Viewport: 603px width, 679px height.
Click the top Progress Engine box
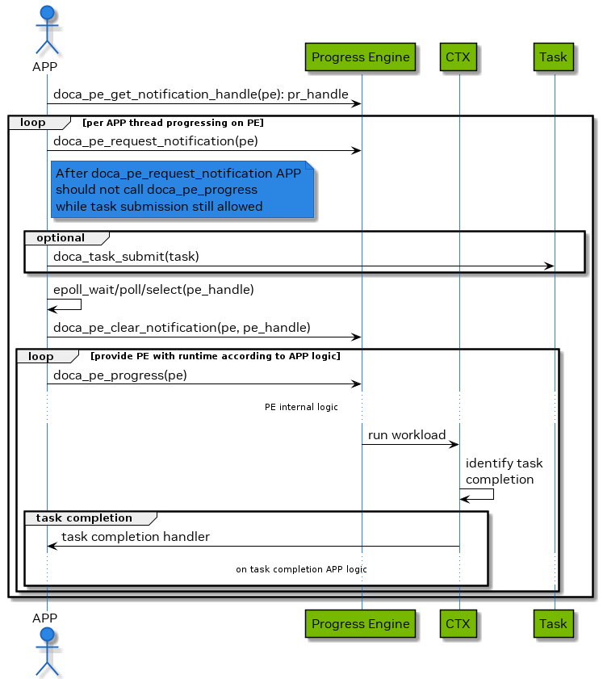click(x=361, y=57)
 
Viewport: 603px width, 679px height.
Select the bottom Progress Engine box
click(x=361, y=623)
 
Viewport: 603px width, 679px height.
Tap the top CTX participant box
click(x=459, y=57)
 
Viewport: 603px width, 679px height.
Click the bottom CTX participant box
click(x=459, y=623)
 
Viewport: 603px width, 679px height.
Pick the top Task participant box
click(x=554, y=57)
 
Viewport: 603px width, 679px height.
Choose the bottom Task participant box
click(x=554, y=623)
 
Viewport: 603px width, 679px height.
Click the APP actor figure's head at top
click(x=46, y=14)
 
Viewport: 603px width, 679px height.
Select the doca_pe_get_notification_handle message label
click(x=201, y=94)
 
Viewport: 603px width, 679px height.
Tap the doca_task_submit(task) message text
click(x=127, y=257)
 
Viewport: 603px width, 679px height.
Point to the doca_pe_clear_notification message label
click(x=182, y=327)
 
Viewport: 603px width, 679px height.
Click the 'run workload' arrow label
click(x=407, y=435)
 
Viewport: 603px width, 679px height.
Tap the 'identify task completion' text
click(x=504, y=472)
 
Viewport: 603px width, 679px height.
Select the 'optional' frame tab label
click(x=61, y=237)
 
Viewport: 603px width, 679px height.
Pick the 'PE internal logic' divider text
click(x=301, y=407)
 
